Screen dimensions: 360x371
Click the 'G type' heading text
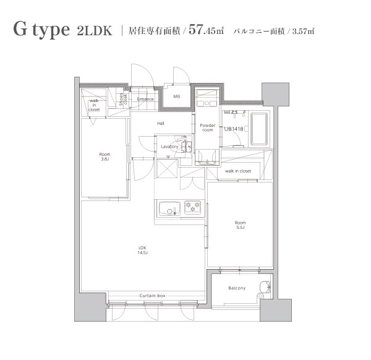pyautogui.click(x=41, y=30)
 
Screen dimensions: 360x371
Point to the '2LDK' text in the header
pyautogui.click(x=95, y=31)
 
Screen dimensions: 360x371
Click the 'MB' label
pyautogui.click(x=176, y=96)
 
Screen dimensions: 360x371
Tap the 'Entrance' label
pyautogui.click(x=145, y=99)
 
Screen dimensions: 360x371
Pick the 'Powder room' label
pyautogui.click(x=207, y=127)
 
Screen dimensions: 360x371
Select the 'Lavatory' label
pyautogui.click(x=169, y=147)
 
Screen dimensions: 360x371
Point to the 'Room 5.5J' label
pyautogui.click(x=239, y=225)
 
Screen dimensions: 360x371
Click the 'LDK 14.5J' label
pyautogui.click(x=143, y=251)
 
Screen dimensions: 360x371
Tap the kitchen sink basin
pyautogui.click(x=168, y=208)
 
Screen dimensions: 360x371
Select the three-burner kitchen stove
pyautogui.click(x=192, y=208)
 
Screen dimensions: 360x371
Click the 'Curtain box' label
pyautogui.click(x=152, y=296)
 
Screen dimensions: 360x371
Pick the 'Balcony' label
pyautogui.click(x=237, y=288)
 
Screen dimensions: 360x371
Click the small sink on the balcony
pyautogui.click(x=266, y=286)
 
